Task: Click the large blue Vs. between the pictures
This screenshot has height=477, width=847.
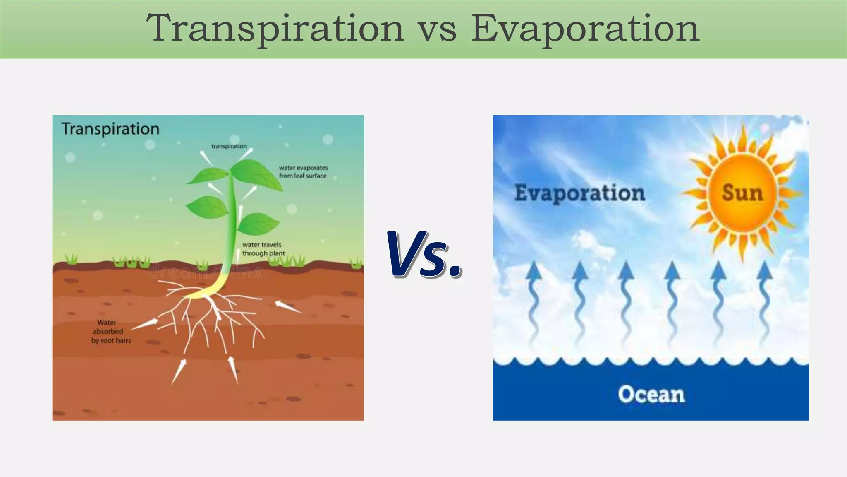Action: pyautogui.click(x=423, y=255)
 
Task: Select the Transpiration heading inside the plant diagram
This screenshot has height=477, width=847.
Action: pyautogui.click(x=110, y=129)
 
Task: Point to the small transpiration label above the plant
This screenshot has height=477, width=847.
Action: pyautogui.click(x=229, y=146)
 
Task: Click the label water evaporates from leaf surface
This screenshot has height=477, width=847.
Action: pyautogui.click(x=303, y=171)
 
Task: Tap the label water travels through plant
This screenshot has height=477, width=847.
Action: pyautogui.click(x=263, y=249)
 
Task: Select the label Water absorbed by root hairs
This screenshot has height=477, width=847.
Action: pyautogui.click(x=110, y=331)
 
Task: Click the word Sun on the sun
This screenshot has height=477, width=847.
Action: pyautogui.click(x=742, y=193)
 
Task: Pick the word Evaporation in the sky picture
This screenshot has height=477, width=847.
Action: pyautogui.click(x=579, y=193)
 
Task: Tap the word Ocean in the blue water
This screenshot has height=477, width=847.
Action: pyautogui.click(x=651, y=394)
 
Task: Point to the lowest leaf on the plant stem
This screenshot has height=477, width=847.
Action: pyautogui.click(x=258, y=223)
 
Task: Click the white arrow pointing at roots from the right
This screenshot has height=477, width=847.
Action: pyautogui.click(x=288, y=307)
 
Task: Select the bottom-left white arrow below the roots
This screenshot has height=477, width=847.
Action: pyautogui.click(x=178, y=371)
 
